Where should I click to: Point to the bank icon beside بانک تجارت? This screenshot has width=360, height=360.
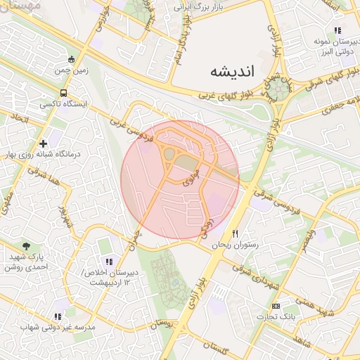click(276, 306)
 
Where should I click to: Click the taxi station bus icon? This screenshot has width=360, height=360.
click(64, 92)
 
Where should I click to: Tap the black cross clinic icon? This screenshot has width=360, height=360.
click(43, 143)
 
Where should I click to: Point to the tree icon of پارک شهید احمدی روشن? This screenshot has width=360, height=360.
click(26, 246)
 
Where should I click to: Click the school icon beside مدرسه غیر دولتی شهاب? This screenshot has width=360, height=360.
click(58, 316)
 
